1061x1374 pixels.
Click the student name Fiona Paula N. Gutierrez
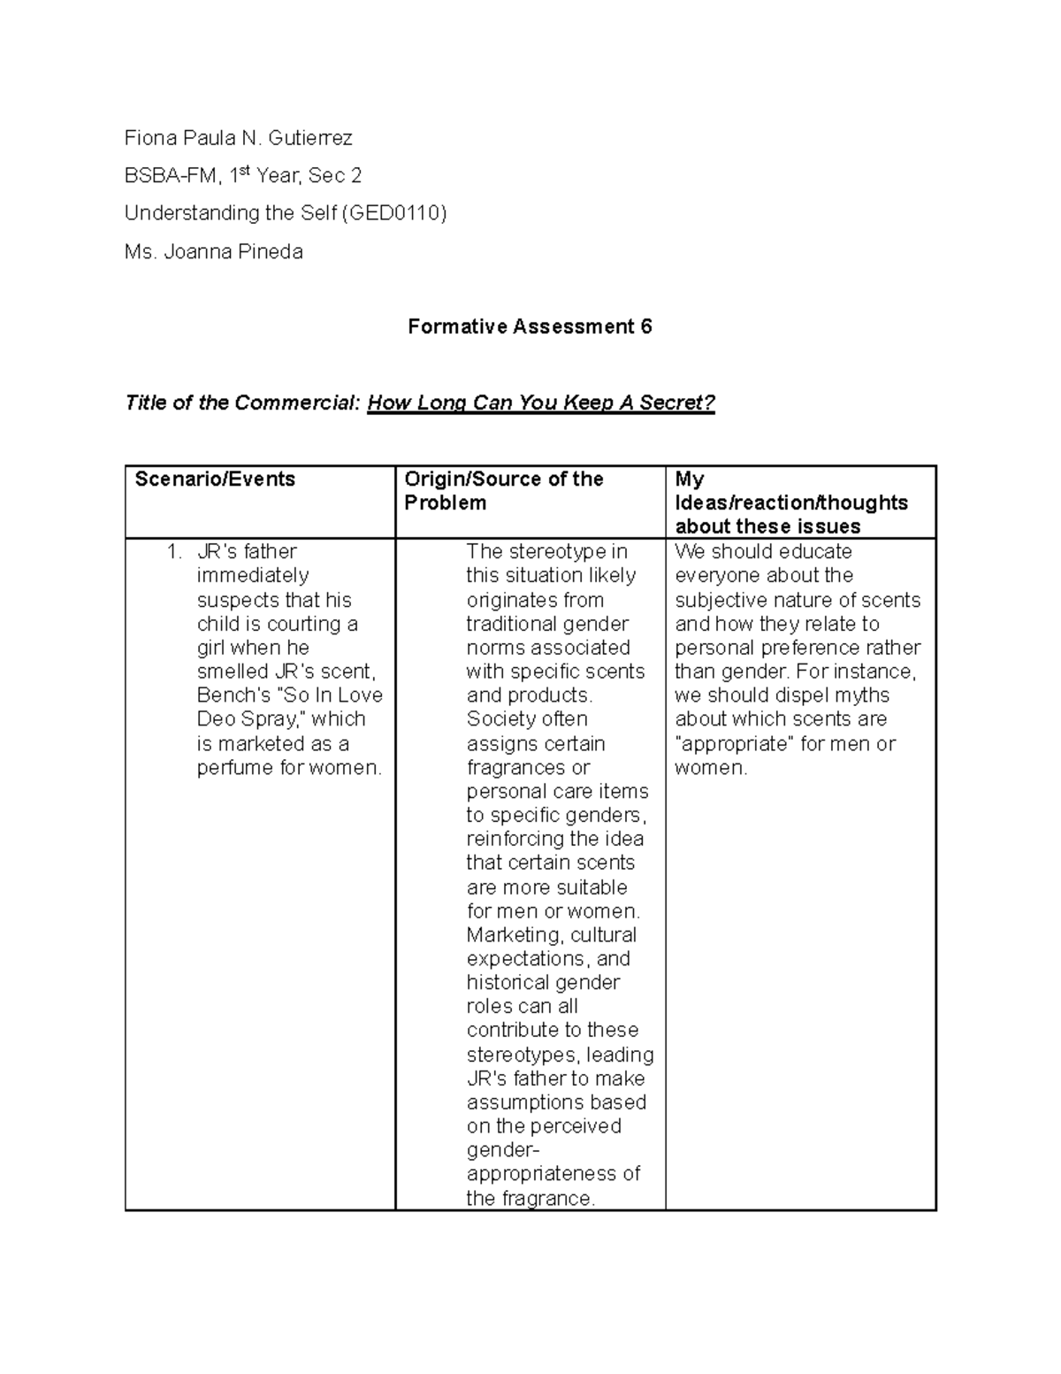point(238,138)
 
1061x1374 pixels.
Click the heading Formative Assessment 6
point(530,327)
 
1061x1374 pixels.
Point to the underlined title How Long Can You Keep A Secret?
point(540,403)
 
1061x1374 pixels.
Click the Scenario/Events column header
point(215,480)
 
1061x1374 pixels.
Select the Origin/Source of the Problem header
point(503,491)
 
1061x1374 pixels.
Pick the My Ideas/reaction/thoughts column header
point(790,503)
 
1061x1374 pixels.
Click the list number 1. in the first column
point(174,552)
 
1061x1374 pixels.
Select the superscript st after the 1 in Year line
point(246,171)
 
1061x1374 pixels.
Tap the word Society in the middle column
point(500,719)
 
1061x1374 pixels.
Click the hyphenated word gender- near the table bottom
point(502,1150)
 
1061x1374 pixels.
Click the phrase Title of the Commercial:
point(243,403)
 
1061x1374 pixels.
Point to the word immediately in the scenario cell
point(252,576)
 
